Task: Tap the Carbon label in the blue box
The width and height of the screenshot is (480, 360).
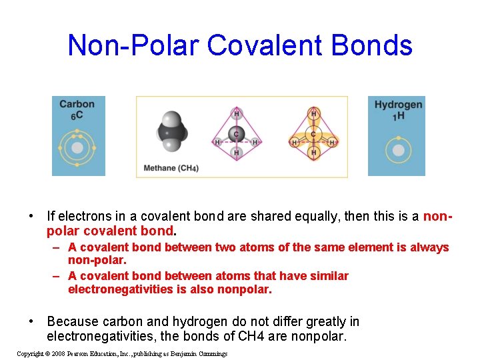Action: [x=77, y=104]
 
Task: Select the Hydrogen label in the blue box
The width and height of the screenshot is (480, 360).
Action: [x=398, y=105]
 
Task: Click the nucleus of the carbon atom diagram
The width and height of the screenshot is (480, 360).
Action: [x=77, y=147]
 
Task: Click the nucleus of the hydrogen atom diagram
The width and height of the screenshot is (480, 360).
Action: [x=398, y=150]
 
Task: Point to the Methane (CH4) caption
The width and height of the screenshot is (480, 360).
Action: [x=171, y=168]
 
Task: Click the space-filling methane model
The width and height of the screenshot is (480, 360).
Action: [x=171, y=133]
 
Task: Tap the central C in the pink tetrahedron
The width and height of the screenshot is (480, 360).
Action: [x=236, y=133]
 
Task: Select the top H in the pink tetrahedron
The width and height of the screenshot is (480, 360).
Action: [x=236, y=113]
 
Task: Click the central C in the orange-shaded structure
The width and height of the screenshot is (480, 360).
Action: [x=314, y=133]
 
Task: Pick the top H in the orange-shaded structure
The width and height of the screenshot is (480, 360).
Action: [x=314, y=113]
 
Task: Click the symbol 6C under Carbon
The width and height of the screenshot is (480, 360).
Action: [x=77, y=116]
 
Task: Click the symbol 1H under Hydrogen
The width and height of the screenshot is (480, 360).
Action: [x=398, y=116]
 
